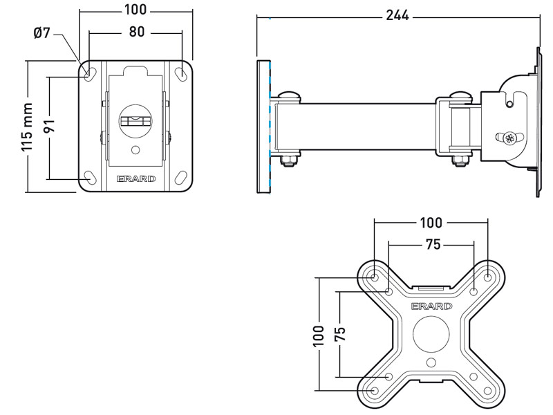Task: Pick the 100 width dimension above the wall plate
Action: (136, 10)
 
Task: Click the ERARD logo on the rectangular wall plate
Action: (136, 178)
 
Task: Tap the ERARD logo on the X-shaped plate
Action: (431, 306)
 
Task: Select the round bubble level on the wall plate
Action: (135, 121)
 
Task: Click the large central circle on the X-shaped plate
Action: (431, 334)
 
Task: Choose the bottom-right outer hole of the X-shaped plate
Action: (488, 391)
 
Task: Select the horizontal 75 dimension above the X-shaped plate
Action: (431, 244)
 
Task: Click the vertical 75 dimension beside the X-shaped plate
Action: (339, 334)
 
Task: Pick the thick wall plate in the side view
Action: (263, 127)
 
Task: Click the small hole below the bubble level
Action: (135, 149)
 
